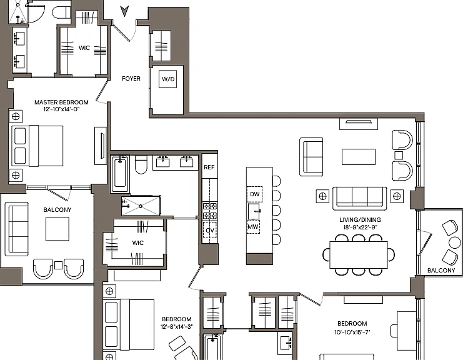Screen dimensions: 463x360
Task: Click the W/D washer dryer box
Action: pyautogui.click(x=167, y=79)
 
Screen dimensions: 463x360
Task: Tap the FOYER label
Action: pyautogui.click(x=131, y=79)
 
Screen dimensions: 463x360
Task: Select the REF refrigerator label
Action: pyautogui.click(x=209, y=167)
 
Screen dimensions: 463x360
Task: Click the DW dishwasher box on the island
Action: pyautogui.click(x=254, y=194)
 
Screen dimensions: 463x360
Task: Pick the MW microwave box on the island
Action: pyautogui.click(x=253, y=227)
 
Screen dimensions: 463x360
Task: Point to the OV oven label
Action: pyautogui.click(x=210, y=230)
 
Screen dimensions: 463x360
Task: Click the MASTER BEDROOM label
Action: pyautogui.click(x=61, y=102)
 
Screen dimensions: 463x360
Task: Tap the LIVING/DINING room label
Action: pyautogui.click(x=360, y=220)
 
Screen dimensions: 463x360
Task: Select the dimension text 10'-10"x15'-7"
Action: pyautogui.click(x=352, y=332)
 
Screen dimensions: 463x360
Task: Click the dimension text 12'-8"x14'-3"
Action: pyautogui.click(x=177, y=327)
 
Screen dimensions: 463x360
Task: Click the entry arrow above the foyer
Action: pyautogui.click(x=124, y=11)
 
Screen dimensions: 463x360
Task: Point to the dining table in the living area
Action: pyautogui.click(x=359, y=254)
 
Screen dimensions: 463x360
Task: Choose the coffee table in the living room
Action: pyautogui.click(x=359, y=157)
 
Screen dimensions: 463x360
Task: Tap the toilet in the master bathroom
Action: pyautogui.click(x=61, y=12)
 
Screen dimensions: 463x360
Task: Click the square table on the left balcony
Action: pyautogui.click(x=57, y=229)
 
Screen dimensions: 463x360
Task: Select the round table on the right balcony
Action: pyautogui.click(x=454, y=242)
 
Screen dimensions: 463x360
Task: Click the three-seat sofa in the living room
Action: pyautogui.click(x=360, y=199)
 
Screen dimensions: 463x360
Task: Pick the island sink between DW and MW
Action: pyautogui.click(x=254, y=211)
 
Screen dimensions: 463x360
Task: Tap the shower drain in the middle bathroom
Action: pyautogui.click(x=141, y=206)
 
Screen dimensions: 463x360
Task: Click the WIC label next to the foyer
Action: pyautogui.click(x=84, y=48)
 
